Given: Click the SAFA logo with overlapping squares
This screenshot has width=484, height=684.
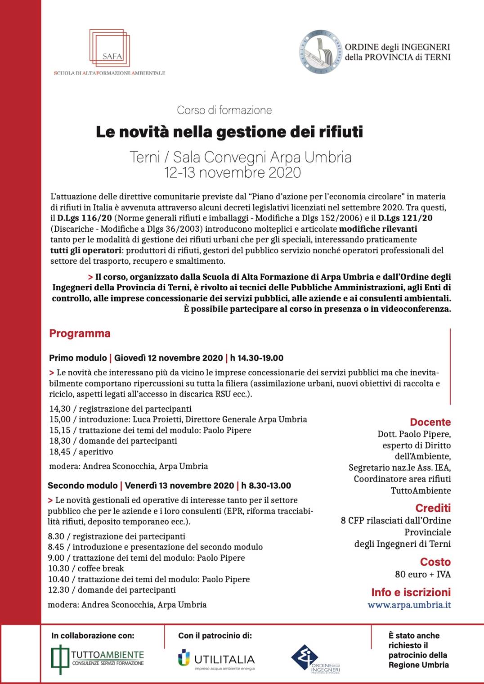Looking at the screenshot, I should (110, 48).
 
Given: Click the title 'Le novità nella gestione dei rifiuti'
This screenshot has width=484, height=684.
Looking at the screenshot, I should (229, 132).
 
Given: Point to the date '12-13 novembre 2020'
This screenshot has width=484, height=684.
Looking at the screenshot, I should (233, 172).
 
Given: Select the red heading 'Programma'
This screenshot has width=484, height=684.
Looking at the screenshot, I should (80, 333).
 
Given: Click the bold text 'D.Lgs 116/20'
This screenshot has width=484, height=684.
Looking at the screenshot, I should (85, 218).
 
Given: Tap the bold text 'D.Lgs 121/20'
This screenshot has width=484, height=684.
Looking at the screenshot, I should (405, 218).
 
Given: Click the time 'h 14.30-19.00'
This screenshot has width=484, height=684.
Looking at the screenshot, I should (257, 358).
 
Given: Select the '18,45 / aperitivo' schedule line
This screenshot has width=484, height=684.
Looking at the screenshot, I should (81, 452).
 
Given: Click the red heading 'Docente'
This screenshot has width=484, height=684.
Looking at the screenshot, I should (430, 422).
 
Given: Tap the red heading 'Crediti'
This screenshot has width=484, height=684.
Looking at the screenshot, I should (433, 508).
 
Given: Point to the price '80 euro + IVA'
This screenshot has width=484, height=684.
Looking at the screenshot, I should (422, 574).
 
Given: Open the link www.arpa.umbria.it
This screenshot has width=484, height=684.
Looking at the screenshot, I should (409, 605).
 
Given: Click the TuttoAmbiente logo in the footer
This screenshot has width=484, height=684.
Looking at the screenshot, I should (98, 659).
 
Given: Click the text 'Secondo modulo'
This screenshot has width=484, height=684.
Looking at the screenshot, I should (83, 486).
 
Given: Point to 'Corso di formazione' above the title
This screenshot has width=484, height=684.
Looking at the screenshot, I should (224, 110).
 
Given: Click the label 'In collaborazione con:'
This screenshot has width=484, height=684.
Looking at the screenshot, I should (93, 635).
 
